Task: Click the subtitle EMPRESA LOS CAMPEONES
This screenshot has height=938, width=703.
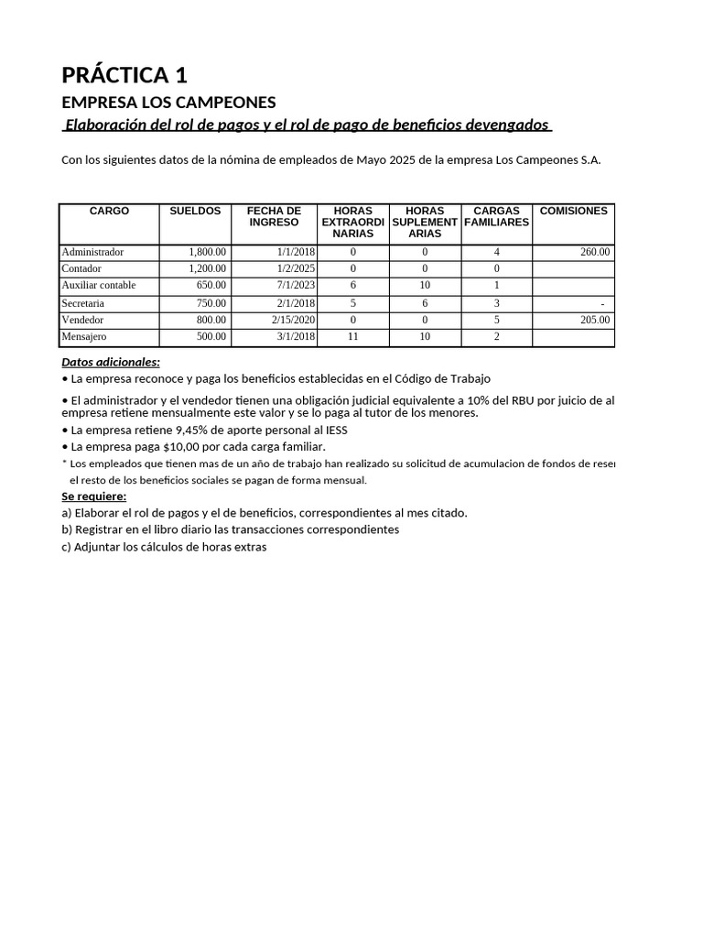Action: tap(168, 102)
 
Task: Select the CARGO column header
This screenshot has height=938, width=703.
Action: tap(109, 212)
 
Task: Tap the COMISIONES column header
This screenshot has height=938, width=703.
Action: tap(573, 212)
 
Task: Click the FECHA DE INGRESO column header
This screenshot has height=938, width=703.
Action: tap(274, 217)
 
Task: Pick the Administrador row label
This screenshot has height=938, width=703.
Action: tap(92, 252)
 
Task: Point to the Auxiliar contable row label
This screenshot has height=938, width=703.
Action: tap(98, 286)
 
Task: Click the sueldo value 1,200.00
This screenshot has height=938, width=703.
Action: tap(207, 269)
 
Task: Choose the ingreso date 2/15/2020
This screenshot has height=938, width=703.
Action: tap(293, 321)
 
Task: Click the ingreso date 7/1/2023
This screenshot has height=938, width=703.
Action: tap(297, 286)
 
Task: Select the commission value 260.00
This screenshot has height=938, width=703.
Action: tap(595, 252)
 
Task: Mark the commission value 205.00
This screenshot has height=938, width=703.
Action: tap(595, 321)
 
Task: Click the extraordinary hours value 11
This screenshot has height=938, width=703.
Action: tap(352, 337)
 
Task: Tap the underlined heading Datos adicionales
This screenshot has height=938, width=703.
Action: tap(110, 362)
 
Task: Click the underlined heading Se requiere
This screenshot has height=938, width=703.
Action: tap(93, 496)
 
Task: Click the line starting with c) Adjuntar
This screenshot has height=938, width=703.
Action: tap(164, 547)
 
